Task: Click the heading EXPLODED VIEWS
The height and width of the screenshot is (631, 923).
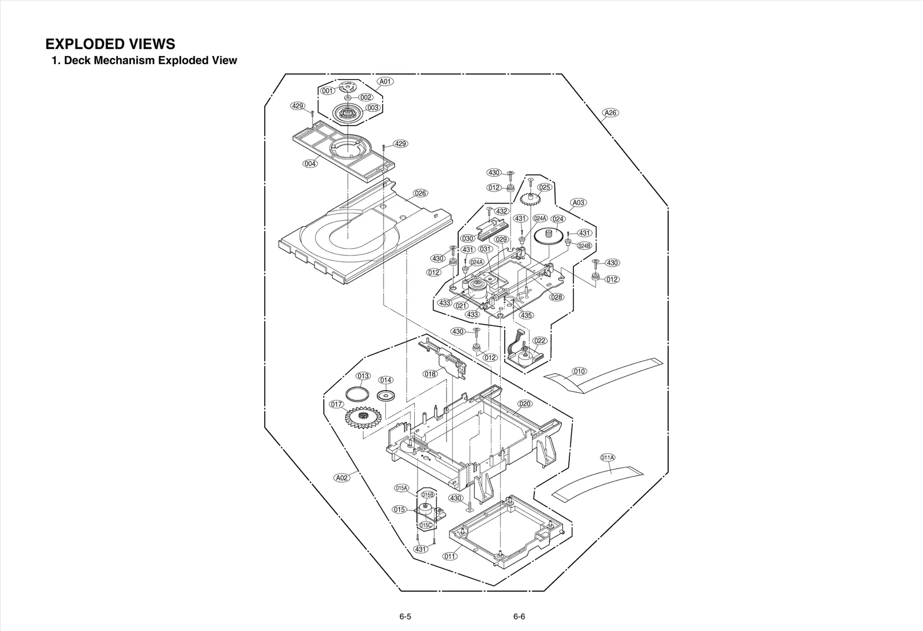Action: (x=110, y=44)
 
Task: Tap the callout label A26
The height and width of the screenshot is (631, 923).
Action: (x=610, y=112)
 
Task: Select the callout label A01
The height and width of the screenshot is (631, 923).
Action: (x=385, y=81)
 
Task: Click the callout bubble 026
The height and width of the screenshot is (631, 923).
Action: (x=421, y=193)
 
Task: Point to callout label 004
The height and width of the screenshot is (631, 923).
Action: (x=310, y=164)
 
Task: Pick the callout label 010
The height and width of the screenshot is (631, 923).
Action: (x=579, y=371)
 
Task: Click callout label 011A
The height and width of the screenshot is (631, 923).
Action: (x=607, y=457)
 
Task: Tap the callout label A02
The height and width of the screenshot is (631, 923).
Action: (x=342, y=478)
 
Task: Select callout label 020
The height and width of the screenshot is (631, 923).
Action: (x=524, y=404)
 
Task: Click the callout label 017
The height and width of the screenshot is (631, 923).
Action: (x=337, y=404)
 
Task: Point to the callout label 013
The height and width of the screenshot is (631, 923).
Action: (x=363, y=376)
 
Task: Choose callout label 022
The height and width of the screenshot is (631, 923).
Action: (x=539, y=341)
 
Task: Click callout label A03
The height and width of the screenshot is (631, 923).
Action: (x=579, y=202)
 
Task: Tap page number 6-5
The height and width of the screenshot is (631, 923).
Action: (x=405, y=616)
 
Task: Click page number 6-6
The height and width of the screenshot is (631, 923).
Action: (x=519, y=616)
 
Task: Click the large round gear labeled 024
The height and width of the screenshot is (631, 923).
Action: (x=549, y=236)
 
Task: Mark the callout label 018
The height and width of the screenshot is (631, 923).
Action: (x=430, y=374)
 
